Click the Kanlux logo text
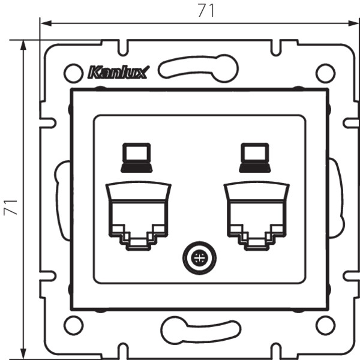(119, 72)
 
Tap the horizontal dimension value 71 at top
(206, 11)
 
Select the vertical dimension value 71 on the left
(11, 208)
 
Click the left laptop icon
(137, 157)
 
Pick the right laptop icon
(255, 157)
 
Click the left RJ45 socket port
(138, 215)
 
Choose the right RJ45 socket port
(257, 215)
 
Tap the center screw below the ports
(199, 258)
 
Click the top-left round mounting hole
(73, 73)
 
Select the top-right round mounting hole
(326, 73)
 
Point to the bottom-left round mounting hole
(73, 326)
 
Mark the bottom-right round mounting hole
(326, 326)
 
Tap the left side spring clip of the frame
(59, 200)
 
